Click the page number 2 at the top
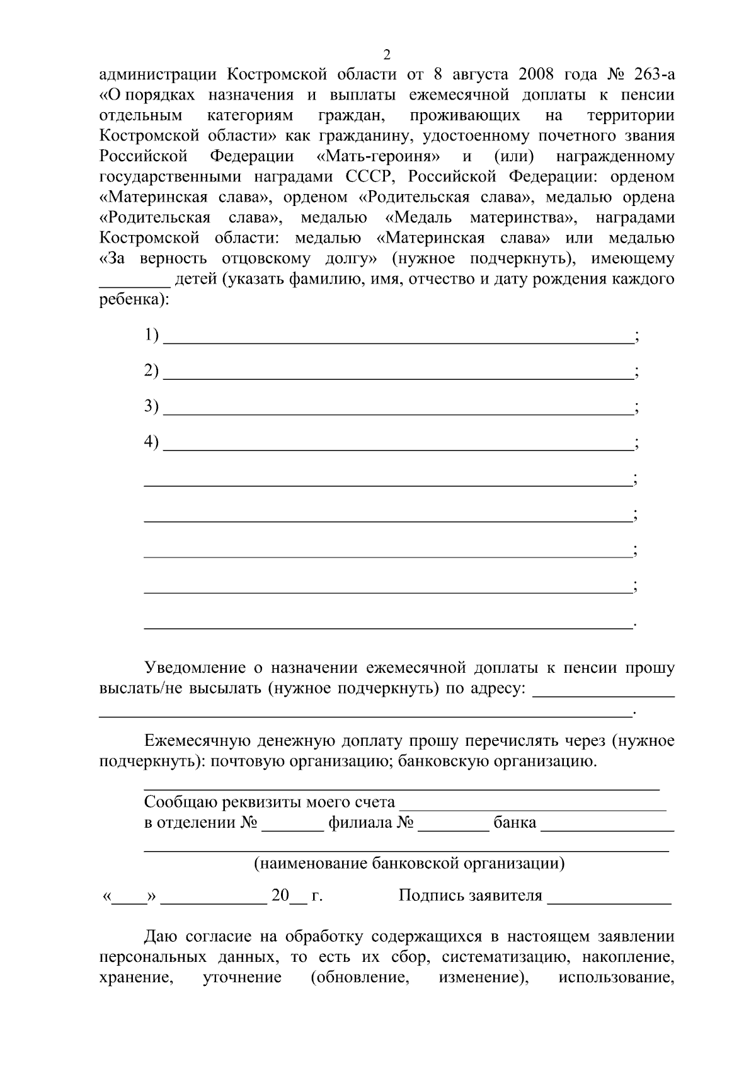pyautogui.click(x=387, y=54)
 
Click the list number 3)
pyautogui.click(x=151, y=406)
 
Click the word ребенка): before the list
pyautogui.click(x=134, y=300)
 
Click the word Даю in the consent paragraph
pyautogui.click(x=163, y=937)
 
